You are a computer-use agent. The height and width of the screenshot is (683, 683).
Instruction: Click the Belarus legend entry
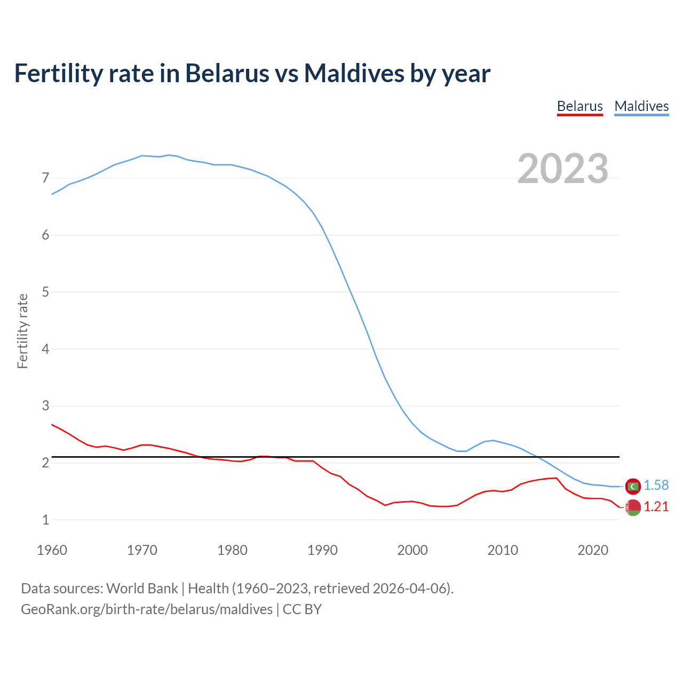click(579, 106)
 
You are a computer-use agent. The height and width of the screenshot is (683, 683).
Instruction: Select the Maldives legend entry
click(641, 106)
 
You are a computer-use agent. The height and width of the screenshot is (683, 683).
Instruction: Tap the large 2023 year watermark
click(562, 169)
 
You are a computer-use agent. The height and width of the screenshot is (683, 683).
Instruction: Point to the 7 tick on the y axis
click(45, 178)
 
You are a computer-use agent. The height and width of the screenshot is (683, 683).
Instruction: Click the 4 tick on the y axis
click(45, 349)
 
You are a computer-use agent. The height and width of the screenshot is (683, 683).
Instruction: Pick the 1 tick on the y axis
click(45, 520)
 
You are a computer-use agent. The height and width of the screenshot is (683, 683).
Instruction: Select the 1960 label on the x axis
click(52, 550)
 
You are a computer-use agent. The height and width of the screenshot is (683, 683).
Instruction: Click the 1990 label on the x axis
click(322, 550)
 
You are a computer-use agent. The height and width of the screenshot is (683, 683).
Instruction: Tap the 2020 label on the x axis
click(593, 550)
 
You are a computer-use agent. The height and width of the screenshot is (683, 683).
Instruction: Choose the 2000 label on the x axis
click(412, 550)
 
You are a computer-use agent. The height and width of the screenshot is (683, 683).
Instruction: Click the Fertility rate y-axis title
click(22, 331)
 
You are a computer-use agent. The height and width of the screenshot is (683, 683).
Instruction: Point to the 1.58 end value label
click(656, 485)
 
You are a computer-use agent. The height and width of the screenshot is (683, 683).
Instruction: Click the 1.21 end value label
click(656, 506)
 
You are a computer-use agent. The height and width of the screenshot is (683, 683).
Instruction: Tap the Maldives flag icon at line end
click(633, 486)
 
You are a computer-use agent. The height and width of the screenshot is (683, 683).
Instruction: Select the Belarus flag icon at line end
click(633, 507)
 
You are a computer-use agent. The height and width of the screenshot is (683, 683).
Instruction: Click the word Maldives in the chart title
click(354, 73)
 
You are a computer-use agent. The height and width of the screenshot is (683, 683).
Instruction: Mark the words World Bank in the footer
click(142, 589)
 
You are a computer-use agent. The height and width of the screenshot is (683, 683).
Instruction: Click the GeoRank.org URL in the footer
click(147, 609)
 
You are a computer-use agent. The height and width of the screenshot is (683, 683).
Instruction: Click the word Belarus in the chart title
click(227, 73)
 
